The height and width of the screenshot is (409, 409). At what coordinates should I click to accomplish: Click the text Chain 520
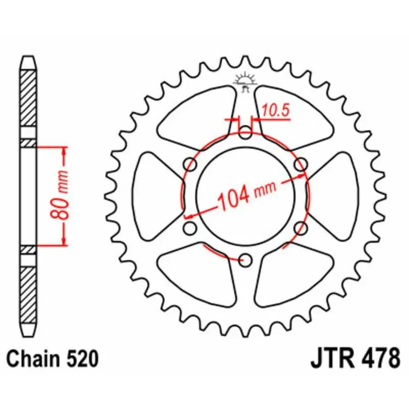click(x=53, y=358)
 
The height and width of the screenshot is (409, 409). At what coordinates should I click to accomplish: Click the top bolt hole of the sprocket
click(x=246, y=135)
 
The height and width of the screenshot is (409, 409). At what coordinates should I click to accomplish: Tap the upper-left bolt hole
click(x=191, y=165)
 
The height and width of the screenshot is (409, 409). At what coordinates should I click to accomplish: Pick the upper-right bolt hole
click(x=302, y=165)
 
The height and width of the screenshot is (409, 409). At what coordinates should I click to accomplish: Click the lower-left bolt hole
click(x=190, y=228)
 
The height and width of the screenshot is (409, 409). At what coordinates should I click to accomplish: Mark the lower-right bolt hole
click(x=302, y=228)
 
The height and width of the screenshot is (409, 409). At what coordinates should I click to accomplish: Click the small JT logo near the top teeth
click(x=246, y=82)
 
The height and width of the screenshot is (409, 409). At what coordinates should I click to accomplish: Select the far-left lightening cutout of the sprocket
click(x=156, y=197)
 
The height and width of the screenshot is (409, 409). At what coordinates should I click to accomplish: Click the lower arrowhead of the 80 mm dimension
click(x=64, y=240)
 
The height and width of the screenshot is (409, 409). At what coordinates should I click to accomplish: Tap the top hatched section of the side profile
click(x=29, y=97)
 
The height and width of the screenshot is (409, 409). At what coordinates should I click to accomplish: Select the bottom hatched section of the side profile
click(x=29, y=291)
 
